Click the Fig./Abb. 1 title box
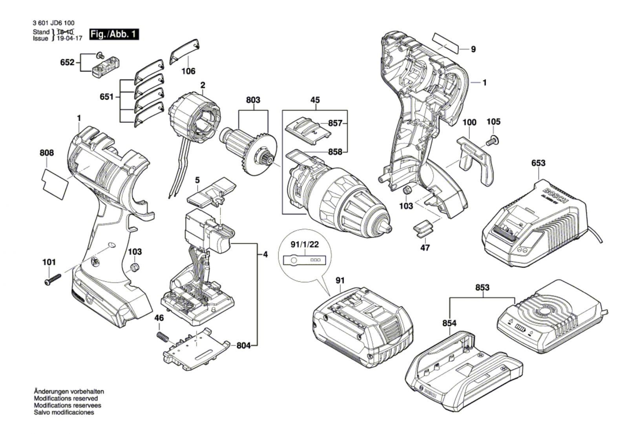coord(114,34)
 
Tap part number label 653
coord(538,163)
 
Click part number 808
coord(47,153)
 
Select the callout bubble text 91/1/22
coord(305,244)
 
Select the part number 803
coord(253,100)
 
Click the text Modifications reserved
coord(66,398)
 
